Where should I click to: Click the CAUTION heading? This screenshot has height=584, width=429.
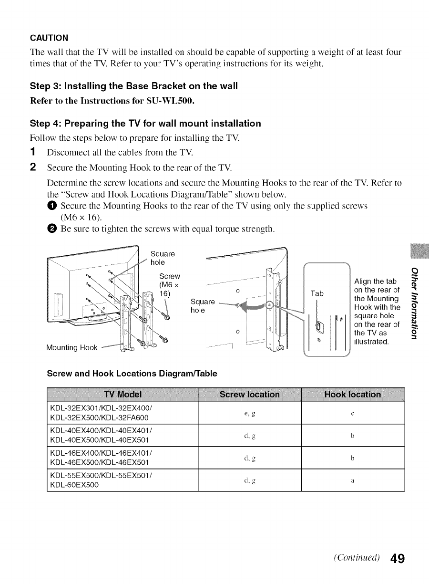[x=49, y=38]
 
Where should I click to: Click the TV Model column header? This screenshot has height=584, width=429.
[x=123, y=394]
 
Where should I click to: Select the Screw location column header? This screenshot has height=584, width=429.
[x=250, y=394]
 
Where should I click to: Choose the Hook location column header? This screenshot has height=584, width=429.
[x=352, y=394]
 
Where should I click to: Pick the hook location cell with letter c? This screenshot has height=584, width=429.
[x=352, y=413]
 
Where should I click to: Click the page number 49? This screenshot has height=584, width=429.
[x=395, y=558]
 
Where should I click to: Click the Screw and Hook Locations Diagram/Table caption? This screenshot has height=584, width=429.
[x=132, y=374]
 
